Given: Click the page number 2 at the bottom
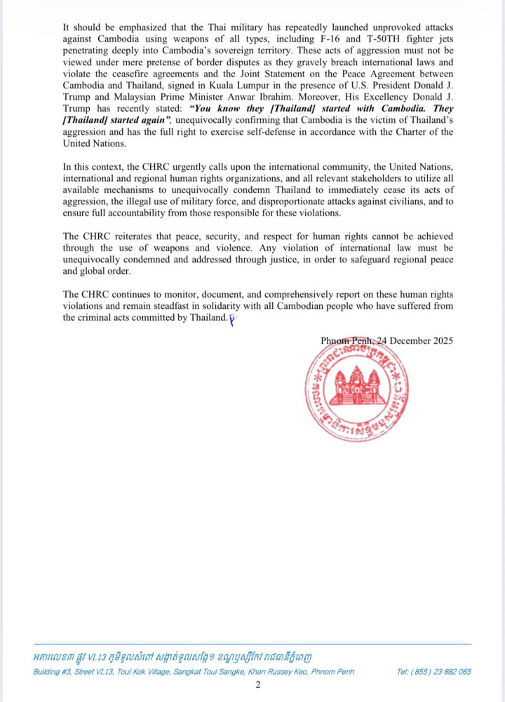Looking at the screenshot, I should point(257,685).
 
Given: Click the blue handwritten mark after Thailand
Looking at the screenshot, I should point(232,318).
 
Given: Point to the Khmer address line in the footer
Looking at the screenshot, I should point(173,657).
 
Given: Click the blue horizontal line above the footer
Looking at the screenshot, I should point(252,644).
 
